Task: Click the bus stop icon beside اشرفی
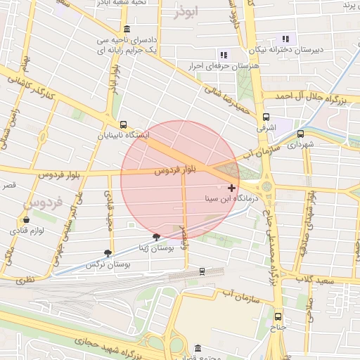[x=266, y=117]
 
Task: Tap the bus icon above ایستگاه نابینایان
[x=124, y=124]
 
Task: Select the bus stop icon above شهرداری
[x=301, y=134]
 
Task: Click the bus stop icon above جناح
[x=278, y=316]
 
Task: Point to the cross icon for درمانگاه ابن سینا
[x=232, y=188]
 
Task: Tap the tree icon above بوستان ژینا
[x=156, y=237]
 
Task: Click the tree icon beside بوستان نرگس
[x=108, y=253]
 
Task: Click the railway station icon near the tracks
[x=202, y=271]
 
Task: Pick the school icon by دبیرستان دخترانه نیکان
[x=285, y=39]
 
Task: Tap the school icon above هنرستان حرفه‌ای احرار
[x=223, y=54]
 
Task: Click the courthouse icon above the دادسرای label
[x=126, y=30]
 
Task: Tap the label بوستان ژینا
[x=154, y=247]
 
